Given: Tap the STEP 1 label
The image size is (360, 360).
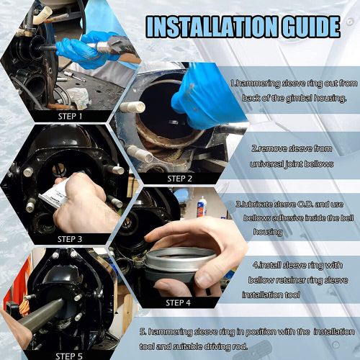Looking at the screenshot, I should pyautogui.click(x=71, y=114).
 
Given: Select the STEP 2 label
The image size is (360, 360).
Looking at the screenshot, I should pyautogui.click(x=179, y=178).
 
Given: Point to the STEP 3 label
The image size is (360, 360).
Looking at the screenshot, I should pyautogui.click(x=71, y=238).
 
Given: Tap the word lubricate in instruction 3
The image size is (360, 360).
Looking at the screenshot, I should pyautogui.click(x=259, y=204).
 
